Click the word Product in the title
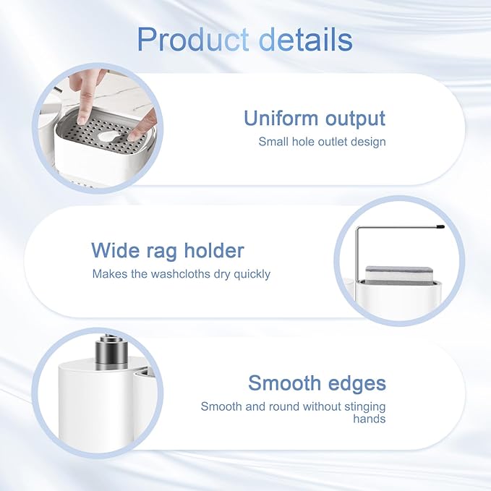(x=193, y=40)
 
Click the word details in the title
(x=306, y=39)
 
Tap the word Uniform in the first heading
(x=281, y=118)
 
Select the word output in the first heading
(x=355, y=119)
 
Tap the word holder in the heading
(x=214, y=250)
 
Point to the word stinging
(x=364, y=407)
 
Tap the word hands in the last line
(x=370, y=419)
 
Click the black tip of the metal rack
(x=440, y=226)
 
